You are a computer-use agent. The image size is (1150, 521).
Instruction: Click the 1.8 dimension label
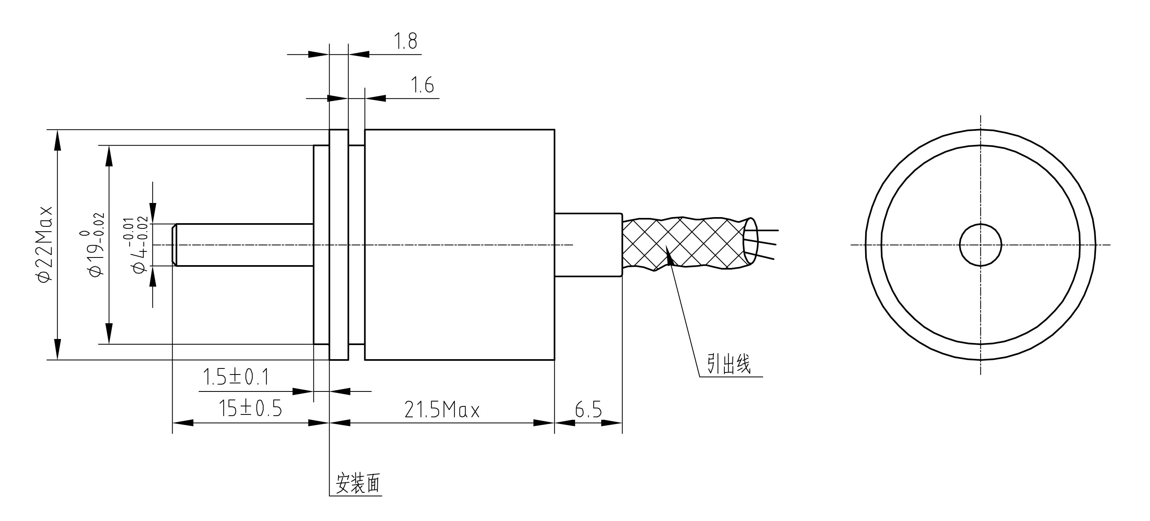coord(406,42)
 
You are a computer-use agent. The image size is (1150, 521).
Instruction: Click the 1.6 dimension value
coord(422,85)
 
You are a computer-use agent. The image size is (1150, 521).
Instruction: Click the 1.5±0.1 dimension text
coord(236,377)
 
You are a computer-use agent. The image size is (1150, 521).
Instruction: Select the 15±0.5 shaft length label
coord(251,408)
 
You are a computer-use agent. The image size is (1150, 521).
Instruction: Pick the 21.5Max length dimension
coord(441,410)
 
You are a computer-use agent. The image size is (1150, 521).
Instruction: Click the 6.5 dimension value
coord(588,410)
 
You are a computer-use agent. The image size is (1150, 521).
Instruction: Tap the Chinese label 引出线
coord(729,364)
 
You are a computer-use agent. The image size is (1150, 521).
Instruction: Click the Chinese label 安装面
coord(358,483)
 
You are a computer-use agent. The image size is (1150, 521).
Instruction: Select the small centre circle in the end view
coord(981,245)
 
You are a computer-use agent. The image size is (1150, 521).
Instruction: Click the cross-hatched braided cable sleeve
coord(683,243)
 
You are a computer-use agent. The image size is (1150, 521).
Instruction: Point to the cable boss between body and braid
coord(588,245)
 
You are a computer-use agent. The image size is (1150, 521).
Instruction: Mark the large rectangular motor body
coord(460,245)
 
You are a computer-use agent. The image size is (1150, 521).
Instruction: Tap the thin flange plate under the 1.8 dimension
coord(339,245)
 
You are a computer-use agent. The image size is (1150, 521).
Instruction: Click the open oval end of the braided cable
coord(751,241)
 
